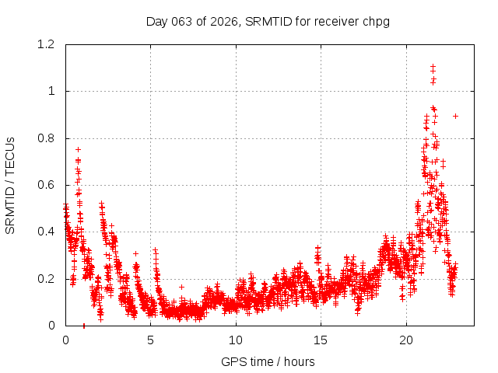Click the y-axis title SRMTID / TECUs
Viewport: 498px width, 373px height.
(x=10, y=185)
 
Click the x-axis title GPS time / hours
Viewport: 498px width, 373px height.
(x=268, y=361)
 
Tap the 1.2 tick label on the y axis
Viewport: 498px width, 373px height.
(x=47, y=44)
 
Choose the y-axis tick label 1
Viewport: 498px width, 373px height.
(x=51, y=91)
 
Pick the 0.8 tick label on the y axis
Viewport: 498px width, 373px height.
(x=47, y=138)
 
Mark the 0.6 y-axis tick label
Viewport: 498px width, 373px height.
(x=47, y=185)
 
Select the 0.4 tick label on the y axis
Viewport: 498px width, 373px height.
(x=47, y=232)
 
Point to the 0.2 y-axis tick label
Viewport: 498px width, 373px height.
(x=47, y=279)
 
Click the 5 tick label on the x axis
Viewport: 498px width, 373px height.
(x=151, y=340)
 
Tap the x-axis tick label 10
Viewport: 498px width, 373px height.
(x=236, y=340)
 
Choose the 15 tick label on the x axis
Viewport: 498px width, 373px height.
(x=321, y=340)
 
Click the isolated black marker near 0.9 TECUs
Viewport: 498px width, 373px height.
(x=455, y=116)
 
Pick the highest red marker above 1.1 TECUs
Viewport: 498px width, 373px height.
(x=433, y=67)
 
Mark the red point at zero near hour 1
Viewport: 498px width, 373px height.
(x=84, y=325)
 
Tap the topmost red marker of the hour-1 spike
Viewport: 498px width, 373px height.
(x=78, y=149)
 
